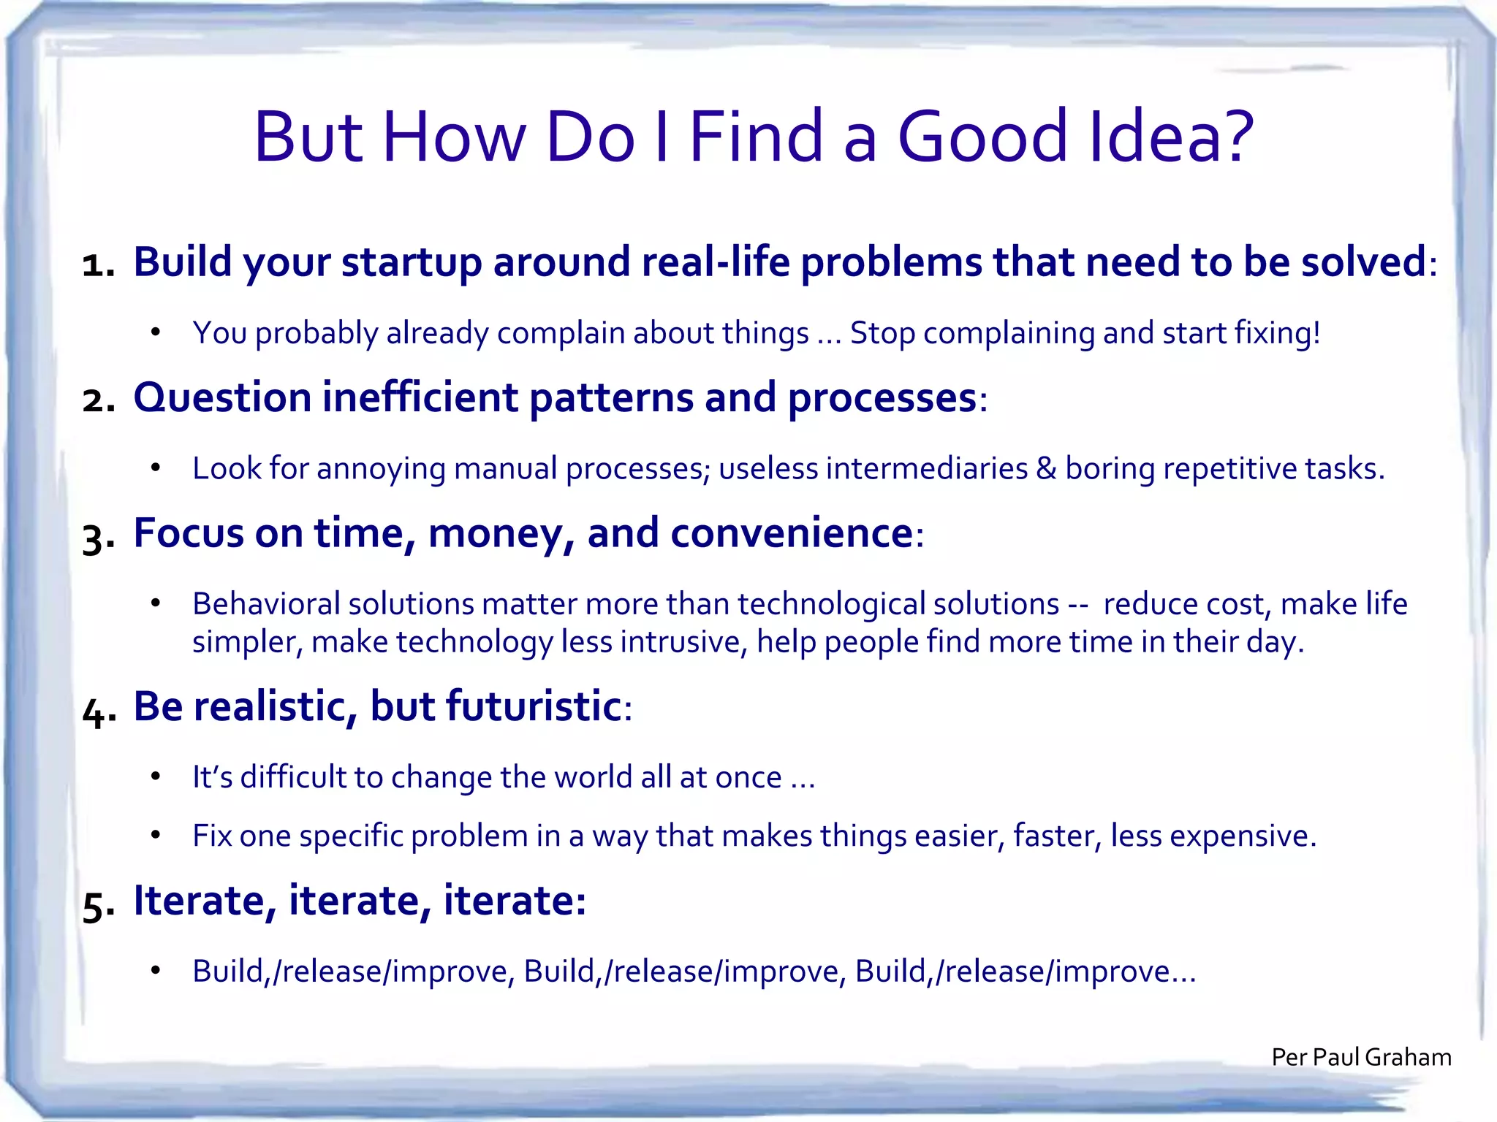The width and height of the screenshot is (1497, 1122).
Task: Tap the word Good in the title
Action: click(982, 137)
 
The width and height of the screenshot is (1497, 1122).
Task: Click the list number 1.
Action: click(97, 264)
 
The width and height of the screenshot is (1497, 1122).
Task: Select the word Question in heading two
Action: click(222, 399)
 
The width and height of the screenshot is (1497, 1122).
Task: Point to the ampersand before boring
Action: click(1045, 468)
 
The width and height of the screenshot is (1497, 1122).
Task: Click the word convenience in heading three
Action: click(791, 533)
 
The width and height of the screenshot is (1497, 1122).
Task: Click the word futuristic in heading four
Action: click(533, 706)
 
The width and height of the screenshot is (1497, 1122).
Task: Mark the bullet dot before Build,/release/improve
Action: click(155, 971)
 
